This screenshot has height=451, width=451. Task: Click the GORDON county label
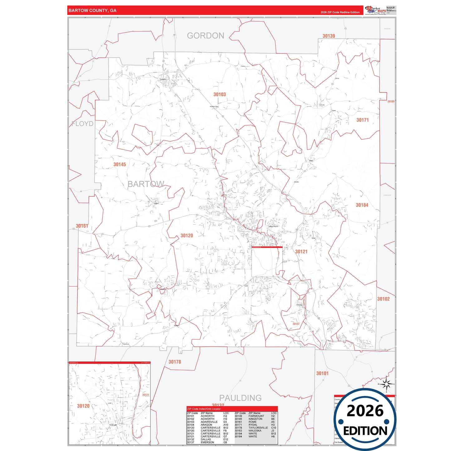click(x=205, y=36)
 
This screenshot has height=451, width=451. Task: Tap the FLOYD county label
click(x=82, y=124)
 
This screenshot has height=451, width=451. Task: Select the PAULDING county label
click(x=240, y=398)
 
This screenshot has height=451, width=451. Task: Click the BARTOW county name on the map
click(x=146, y=184)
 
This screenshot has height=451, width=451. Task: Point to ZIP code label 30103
click(x=219, y=94)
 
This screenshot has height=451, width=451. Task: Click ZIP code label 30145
click(x=120, y=164)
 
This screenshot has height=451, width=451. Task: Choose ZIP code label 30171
click(x=362, y=120)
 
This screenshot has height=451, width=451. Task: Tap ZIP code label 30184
click(x=362, y=205)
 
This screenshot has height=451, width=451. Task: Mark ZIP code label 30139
click(x=329, y=36)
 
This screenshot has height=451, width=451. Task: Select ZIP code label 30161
click(x=82, y=226)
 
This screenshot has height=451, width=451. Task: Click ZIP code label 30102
click(x=383, y=299)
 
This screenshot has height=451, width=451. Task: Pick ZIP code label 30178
click(x=175, y=362)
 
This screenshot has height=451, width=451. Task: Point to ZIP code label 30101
click(x=322, y=373)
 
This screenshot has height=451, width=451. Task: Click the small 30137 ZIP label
click(x=296, y=324)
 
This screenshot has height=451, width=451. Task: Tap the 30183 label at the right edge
click(x=391, y=101)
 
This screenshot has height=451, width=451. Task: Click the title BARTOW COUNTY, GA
click(x=92, y=11)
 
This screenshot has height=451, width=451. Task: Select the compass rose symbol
click(x=386, y=384)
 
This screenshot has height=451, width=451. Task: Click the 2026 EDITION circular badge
click(x=365, y=419)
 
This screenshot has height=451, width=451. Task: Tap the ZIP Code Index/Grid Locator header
click(x=204, y=409)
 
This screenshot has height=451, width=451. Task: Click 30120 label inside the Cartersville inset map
click(x=83, y=406)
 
